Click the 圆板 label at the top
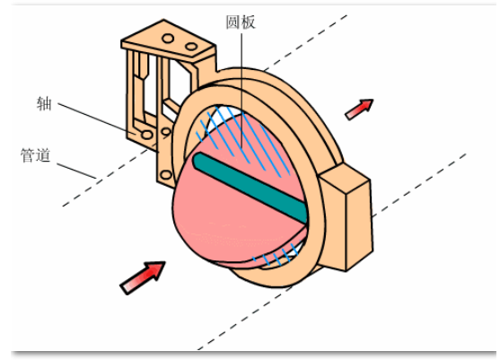point(241,22)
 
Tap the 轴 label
point(44,103)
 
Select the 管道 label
point(35,155)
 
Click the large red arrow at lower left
point(143,277)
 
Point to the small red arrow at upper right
point(359,110)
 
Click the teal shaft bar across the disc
point(250,188)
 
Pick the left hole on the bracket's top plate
point(168,39)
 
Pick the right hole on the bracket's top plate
point(191,47)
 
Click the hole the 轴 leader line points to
point(147,135)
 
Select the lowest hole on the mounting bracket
point(166,175)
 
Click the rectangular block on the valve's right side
point(346,217)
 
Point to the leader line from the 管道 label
point(76,171)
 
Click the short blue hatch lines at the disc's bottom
point(276,256)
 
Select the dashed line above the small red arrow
point(306,42)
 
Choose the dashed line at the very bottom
point(244,318)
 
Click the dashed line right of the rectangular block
point(419,185)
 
